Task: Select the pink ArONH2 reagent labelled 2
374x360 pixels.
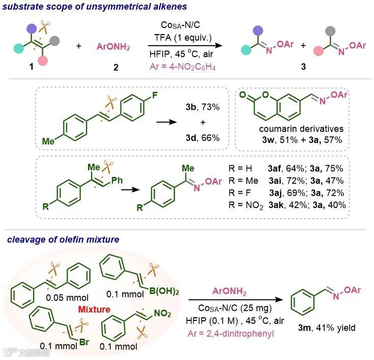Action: pos(113,47)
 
